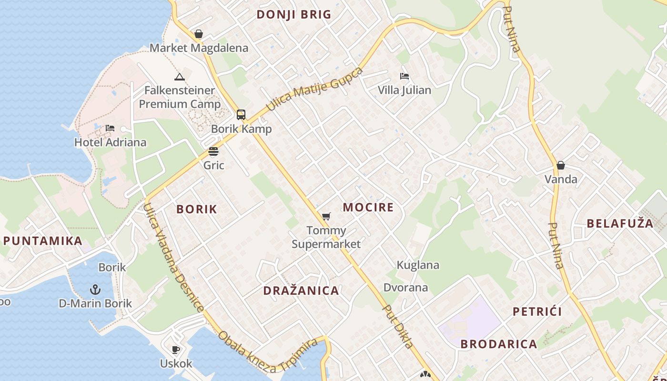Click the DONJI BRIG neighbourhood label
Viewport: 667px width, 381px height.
coord(293,14)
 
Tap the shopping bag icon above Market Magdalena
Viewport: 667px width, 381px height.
coord(199,34)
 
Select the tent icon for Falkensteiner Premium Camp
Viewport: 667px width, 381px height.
coord(179,77)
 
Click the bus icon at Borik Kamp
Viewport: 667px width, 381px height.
coord(241,114)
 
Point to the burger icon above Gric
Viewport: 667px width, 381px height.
coord(213,151)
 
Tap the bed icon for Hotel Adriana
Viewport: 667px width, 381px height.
coord(110,128)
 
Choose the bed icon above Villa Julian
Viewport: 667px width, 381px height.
coord(404,76)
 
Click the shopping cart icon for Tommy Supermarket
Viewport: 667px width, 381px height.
coord(326,217)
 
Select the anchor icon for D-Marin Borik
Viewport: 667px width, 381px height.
coord(95,289)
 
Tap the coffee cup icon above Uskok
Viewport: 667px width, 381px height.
coord(176,350)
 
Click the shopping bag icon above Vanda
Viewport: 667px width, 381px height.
coord(561,165)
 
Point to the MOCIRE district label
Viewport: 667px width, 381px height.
coord(368,207)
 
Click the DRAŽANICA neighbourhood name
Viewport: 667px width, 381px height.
coord(301,291)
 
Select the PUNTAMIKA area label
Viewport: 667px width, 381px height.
coord(43,241)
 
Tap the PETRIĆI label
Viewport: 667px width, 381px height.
coord(537,311)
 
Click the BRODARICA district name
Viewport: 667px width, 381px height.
coord(498,344)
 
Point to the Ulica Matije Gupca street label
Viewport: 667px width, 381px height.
coord(314,90)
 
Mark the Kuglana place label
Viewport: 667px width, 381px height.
coord(418,265)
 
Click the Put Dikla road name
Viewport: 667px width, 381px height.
coord(398,326)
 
